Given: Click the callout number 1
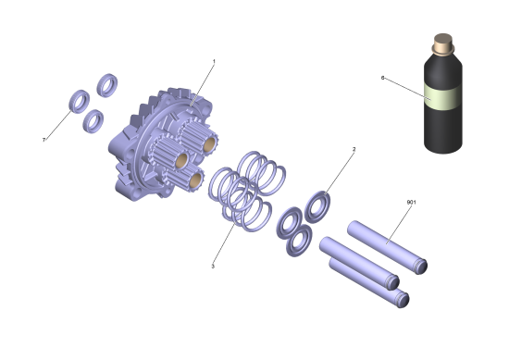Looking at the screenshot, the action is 214,61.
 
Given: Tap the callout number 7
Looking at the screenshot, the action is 43,140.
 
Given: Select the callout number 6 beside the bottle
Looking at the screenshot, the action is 382,78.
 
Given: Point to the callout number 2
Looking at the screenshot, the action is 354,149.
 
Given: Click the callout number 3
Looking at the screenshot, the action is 213,267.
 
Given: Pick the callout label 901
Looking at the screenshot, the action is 411,203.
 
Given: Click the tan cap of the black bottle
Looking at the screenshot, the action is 442,43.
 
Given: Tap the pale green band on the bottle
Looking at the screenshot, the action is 443,97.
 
